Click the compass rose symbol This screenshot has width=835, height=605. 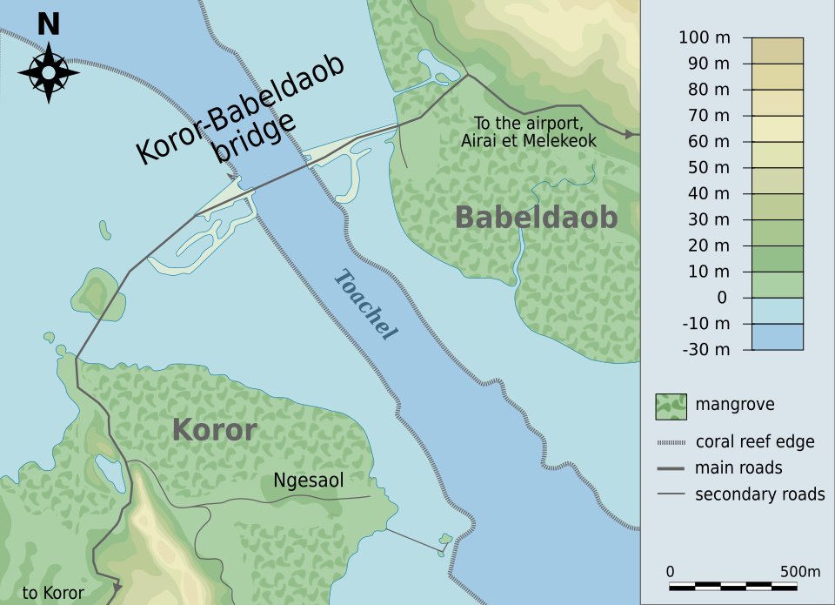49,71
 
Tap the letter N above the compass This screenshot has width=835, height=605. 49,24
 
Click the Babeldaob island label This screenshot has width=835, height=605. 536,218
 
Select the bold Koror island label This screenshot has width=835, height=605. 214,430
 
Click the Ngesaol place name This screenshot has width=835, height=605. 309,480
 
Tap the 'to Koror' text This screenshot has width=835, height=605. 53,594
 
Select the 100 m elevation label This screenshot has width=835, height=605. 704,37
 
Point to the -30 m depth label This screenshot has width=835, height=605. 706,350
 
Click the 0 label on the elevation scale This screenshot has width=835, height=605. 722,298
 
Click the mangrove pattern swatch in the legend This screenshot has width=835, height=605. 671,406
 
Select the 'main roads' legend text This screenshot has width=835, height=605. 738,468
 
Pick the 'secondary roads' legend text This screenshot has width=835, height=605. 759,494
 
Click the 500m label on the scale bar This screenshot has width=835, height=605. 798,572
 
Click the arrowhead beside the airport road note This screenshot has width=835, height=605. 628,134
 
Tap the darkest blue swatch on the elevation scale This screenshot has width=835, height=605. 778,337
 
